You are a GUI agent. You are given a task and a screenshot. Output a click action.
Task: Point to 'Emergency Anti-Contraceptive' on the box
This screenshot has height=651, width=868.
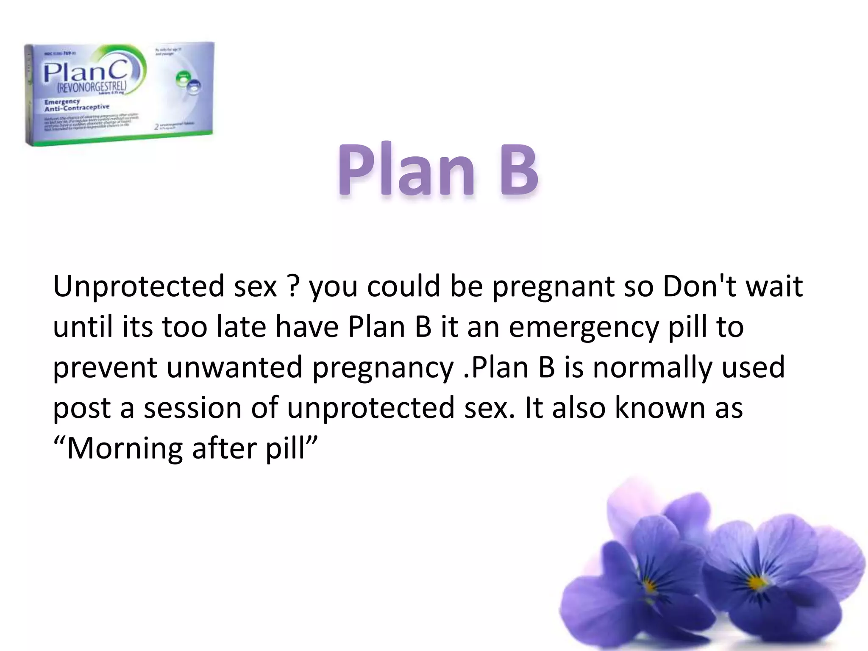(76, 105)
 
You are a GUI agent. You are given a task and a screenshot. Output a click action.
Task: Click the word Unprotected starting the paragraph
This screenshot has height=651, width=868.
(138, 287)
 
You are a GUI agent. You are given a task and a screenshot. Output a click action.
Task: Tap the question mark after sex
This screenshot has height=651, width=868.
(293, 287)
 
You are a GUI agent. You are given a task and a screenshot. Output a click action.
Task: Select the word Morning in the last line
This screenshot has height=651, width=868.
(125, 448)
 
